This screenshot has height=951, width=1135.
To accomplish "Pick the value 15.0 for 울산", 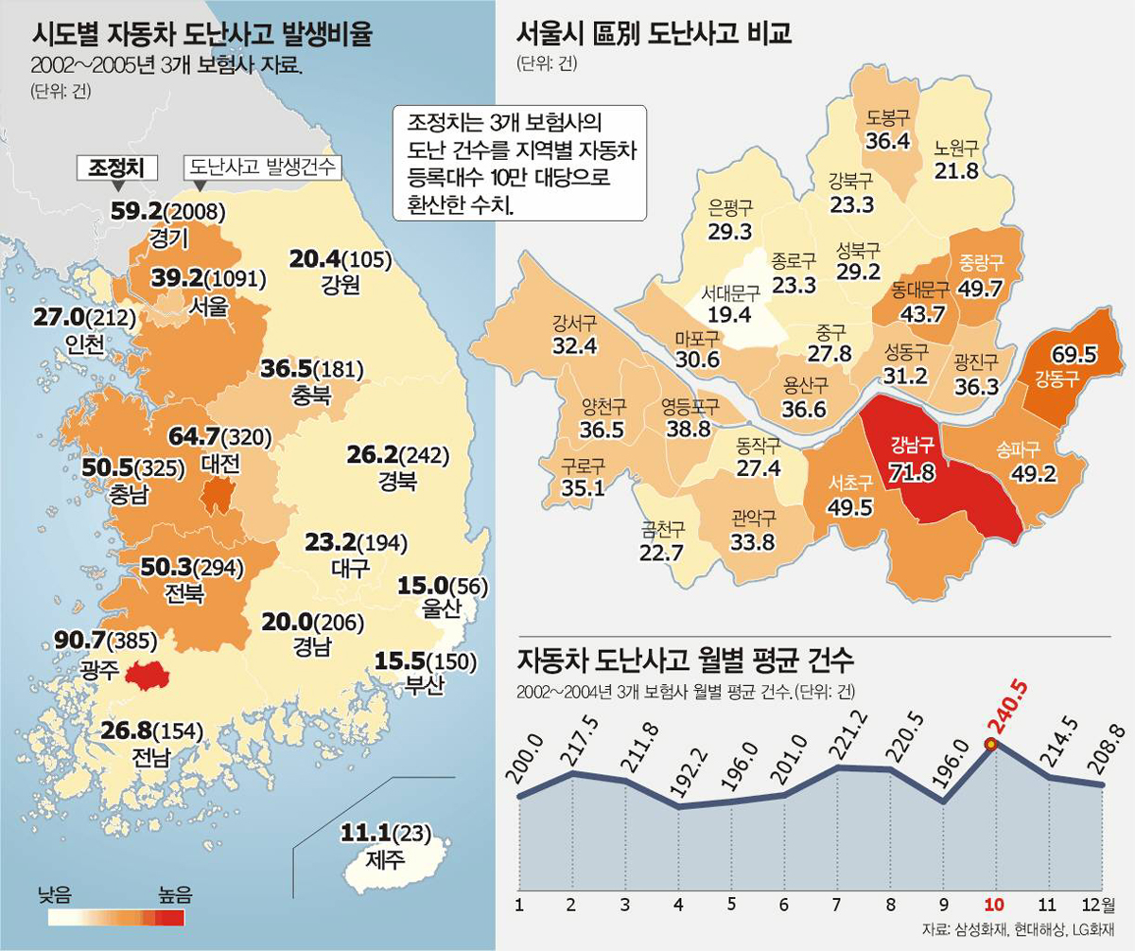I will [415, 586].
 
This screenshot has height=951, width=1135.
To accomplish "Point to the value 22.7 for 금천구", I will [662, 553].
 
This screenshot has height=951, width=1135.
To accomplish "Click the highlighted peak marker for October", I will [990, 745].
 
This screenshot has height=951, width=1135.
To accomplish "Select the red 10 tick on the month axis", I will [992, 905].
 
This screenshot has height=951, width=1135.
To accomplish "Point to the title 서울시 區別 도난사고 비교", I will [654, 35].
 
